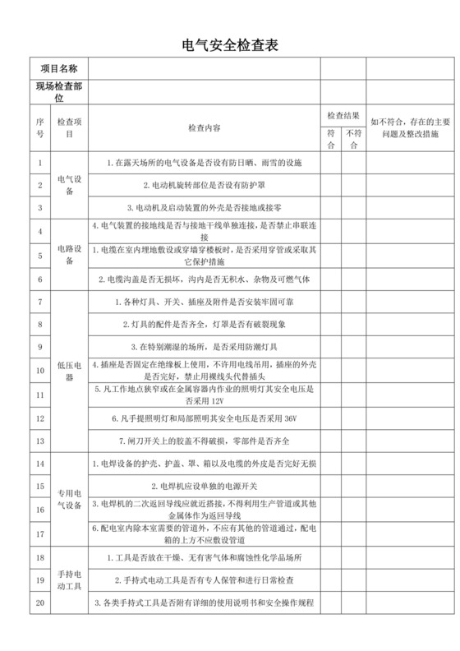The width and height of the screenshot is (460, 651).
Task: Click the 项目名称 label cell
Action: point(58,67)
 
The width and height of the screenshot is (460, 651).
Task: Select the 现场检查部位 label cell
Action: point(58,91)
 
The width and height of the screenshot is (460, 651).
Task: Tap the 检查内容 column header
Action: point(204,129)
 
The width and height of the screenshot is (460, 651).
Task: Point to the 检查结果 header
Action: point(342,116)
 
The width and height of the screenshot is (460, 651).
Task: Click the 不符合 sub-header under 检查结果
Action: point(353,139)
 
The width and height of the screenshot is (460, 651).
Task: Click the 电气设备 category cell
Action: point(69,185)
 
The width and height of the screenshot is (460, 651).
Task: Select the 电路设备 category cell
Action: point(69,255)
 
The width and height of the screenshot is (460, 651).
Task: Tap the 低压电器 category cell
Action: point(69,372)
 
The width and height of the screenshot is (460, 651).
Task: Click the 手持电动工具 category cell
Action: point(69,580)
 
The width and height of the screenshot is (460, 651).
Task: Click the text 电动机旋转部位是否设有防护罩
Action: point(204,185)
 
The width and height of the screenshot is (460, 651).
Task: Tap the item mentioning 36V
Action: point(204,418)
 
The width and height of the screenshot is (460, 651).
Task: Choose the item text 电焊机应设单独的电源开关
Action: point(204,487)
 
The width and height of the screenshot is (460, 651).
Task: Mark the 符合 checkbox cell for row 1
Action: point(330,162)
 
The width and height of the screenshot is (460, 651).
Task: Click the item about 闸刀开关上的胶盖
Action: point(204,441)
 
